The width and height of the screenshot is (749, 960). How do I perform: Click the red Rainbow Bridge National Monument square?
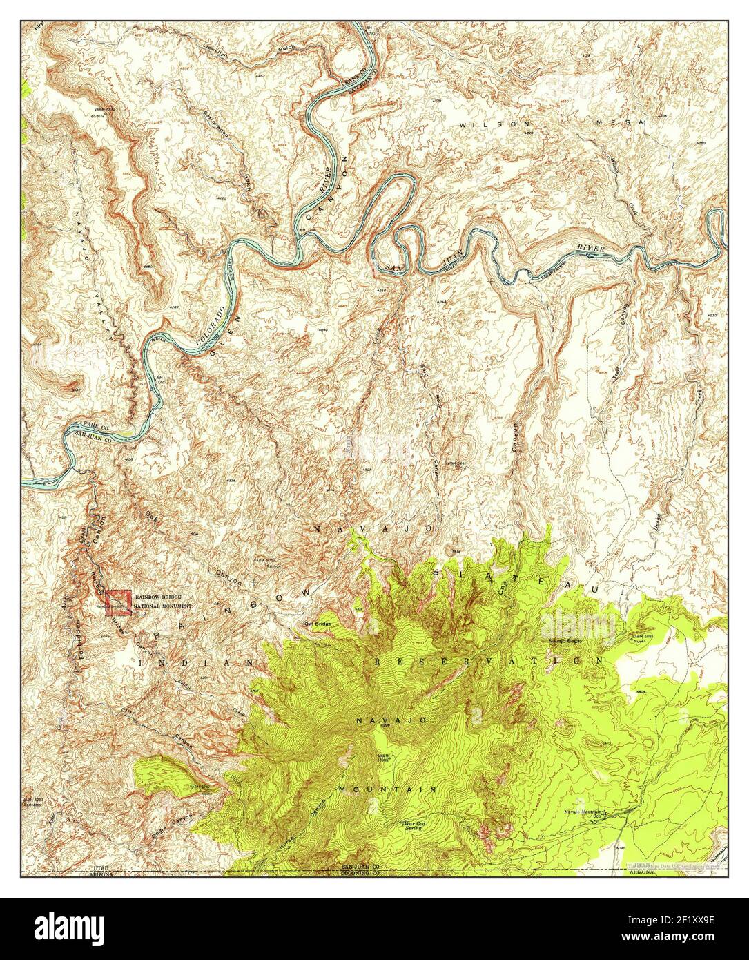tap(121, 599)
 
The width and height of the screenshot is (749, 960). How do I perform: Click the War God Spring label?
tap(416, 826)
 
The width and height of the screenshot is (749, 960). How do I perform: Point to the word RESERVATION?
tap(489, 661)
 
